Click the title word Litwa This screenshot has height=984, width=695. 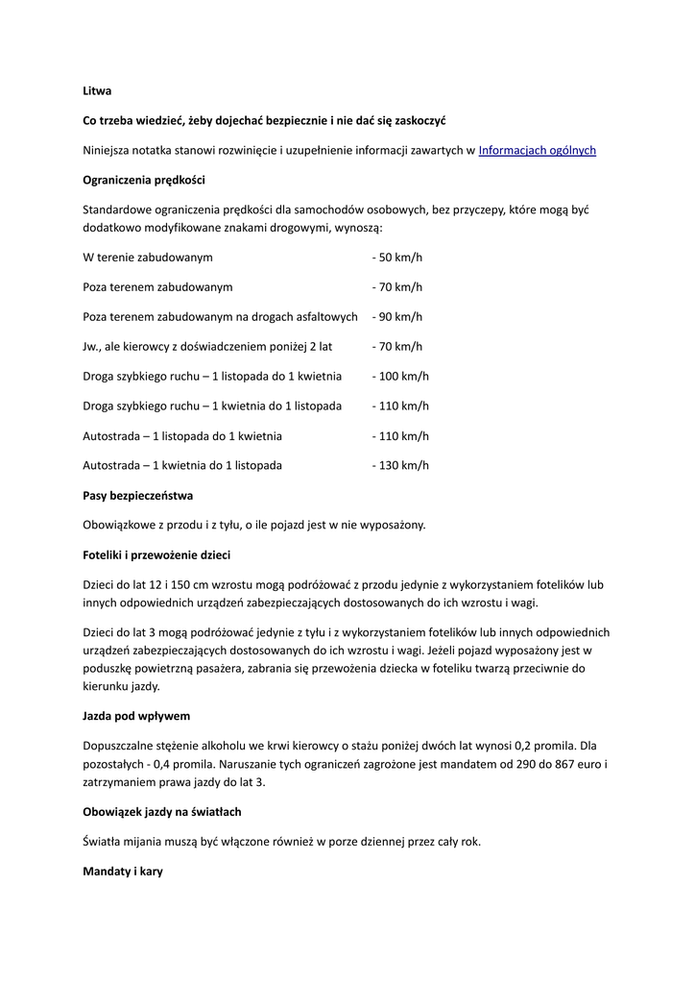coord(97,91)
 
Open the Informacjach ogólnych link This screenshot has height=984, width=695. coord(537,150)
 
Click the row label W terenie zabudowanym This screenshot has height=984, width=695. coord(148,258)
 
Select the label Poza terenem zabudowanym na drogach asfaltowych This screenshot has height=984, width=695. coord(220,317)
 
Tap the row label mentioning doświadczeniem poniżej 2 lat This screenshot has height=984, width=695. coord(207,347)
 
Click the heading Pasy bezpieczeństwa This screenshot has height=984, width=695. coord(138,496)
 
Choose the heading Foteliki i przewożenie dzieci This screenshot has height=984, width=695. coord(156,555)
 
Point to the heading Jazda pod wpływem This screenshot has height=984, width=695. coord(135,716)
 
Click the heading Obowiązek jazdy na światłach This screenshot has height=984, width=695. coord(162,812)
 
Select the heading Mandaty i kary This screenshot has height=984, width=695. coord(123,872)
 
